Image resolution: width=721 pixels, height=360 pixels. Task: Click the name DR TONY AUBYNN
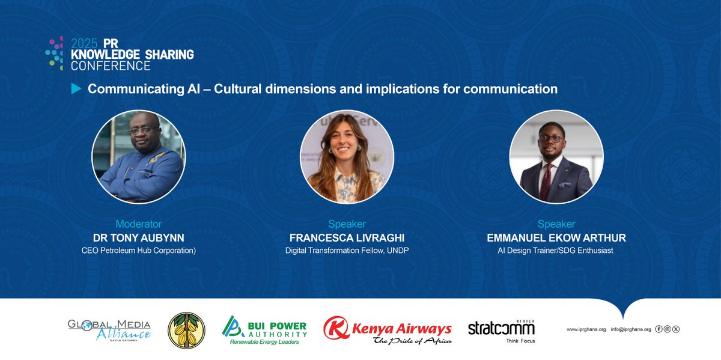point(138,238)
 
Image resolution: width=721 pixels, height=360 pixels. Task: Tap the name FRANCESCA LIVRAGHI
point(347,238)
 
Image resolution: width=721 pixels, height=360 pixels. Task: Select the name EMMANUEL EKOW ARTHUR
point(556,238)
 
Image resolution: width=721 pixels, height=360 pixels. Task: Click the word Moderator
point(138,225)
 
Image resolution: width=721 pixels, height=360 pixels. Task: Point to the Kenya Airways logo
point(388,330)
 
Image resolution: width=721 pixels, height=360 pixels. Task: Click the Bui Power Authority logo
point(264,329)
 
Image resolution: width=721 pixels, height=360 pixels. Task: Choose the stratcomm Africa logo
point(501,329)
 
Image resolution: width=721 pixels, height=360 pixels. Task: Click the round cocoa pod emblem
point(186,330)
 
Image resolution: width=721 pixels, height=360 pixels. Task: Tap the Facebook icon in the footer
point(659,329)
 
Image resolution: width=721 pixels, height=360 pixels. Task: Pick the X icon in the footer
point(676,329)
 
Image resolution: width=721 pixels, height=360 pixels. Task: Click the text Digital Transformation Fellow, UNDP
point(347,251)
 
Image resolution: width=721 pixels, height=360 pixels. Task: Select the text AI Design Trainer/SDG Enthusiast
point(556,251)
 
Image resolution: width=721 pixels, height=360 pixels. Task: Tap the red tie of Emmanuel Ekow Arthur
point(546,181)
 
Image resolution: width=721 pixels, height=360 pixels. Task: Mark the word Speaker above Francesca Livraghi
point(347,225)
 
